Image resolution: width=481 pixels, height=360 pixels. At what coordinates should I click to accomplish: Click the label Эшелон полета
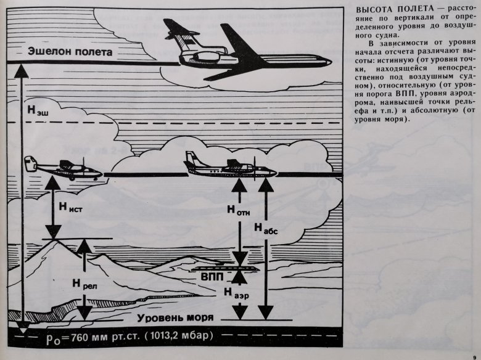point(70,51)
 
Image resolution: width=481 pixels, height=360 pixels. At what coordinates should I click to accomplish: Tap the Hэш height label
point(38,110)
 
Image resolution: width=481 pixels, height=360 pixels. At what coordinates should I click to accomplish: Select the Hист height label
point(70,208)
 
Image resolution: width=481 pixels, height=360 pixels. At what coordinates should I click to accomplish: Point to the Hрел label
point(84,284)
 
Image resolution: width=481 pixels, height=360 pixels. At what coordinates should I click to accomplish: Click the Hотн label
point(239,210)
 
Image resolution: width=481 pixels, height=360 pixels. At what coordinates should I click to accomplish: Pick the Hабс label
point(266,229)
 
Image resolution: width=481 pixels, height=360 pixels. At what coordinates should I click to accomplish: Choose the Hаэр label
point(236,293)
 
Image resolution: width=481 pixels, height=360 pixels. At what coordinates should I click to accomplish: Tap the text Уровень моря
point(175,317)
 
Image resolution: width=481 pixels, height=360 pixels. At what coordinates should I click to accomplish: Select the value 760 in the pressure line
point(81,337)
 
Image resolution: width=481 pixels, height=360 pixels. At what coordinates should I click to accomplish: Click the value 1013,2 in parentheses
point(166,335)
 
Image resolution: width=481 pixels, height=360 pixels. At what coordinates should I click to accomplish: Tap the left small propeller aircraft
point(63,168)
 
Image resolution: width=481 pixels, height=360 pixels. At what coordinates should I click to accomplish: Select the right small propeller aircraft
point(230,168)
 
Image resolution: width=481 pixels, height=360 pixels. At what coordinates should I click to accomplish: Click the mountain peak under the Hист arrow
point(55,240)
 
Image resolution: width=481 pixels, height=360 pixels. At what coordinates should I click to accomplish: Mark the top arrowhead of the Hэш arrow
point(22,71)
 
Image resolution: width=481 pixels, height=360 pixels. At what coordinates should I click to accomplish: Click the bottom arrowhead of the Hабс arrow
point(266,313)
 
